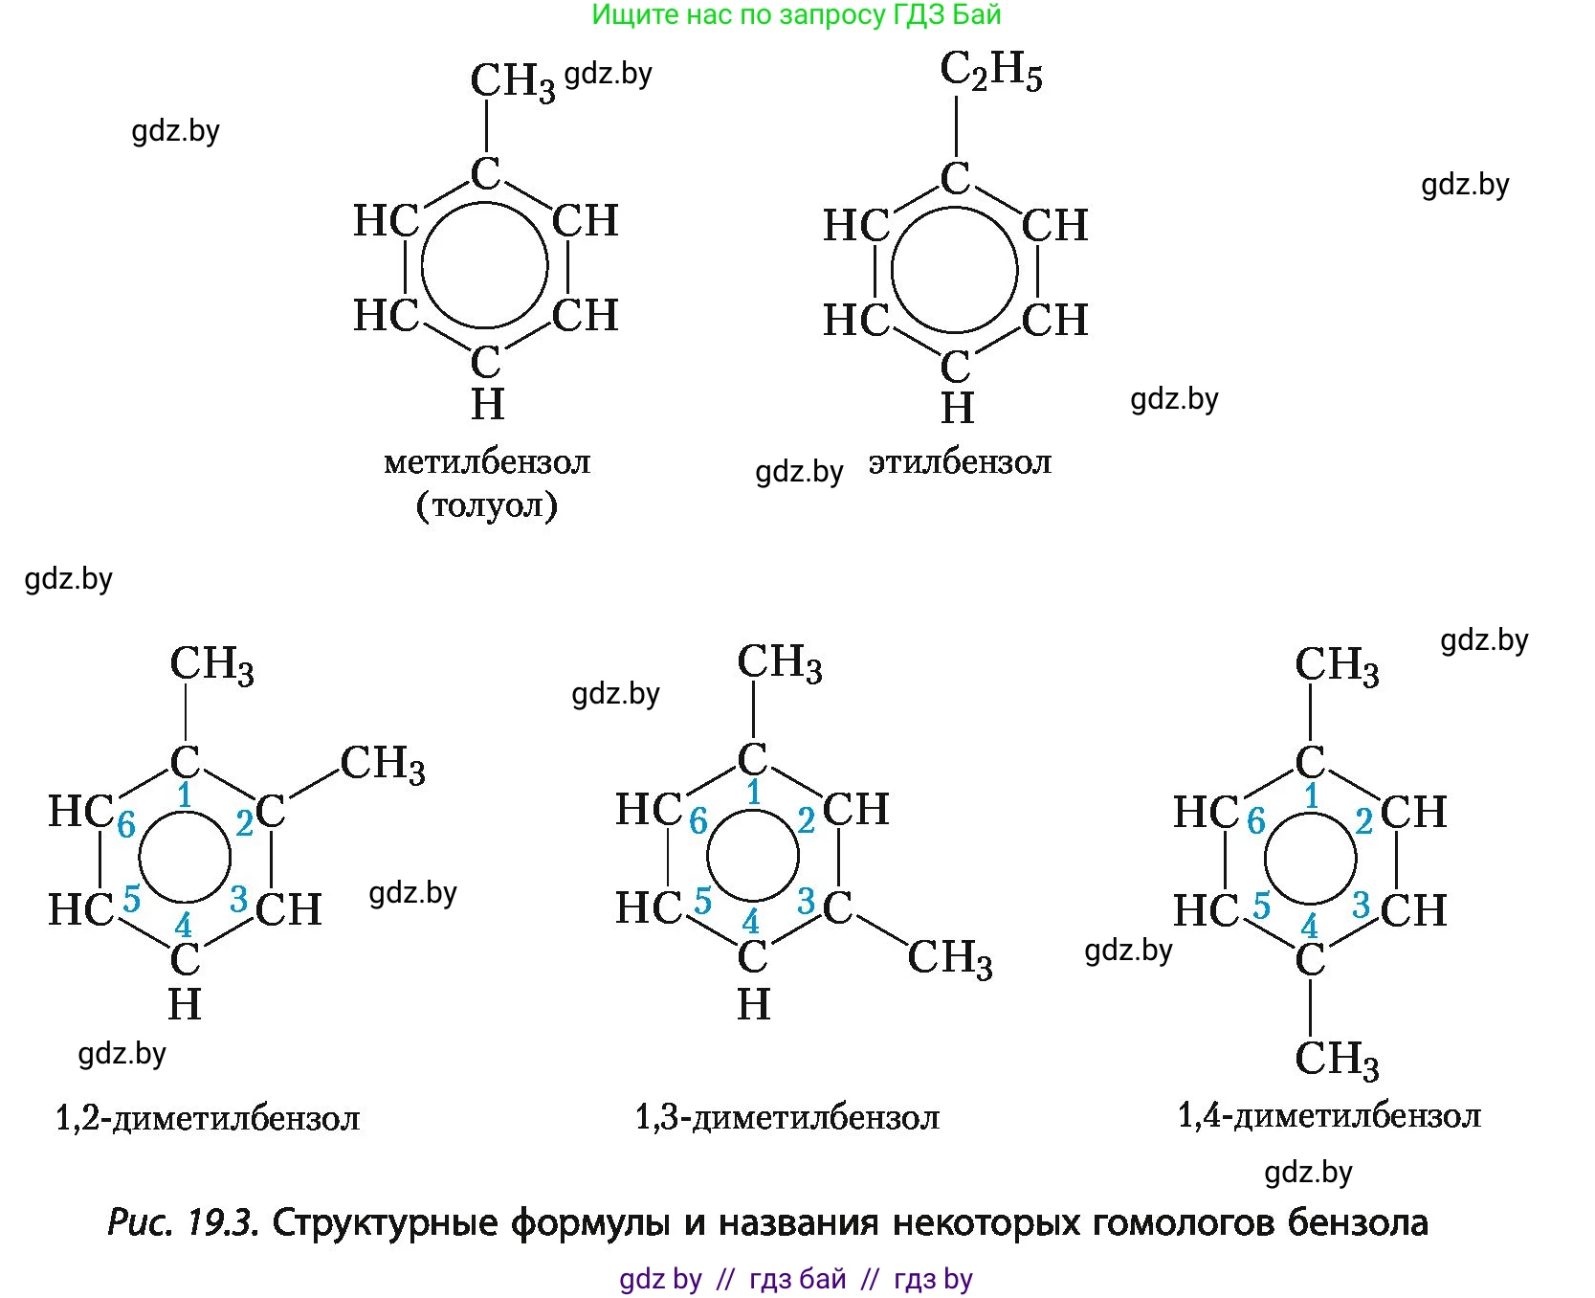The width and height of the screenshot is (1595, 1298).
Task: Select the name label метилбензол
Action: coord(487,462)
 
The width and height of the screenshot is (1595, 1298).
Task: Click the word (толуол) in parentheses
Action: coord(486,504)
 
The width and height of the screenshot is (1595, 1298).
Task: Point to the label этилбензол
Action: coord(960,462)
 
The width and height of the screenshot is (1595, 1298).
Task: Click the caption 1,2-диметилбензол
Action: coord(208,1117)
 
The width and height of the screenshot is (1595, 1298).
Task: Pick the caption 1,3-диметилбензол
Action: coord(787,1117)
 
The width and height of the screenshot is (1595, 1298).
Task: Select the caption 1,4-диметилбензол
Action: coord(1329,1115)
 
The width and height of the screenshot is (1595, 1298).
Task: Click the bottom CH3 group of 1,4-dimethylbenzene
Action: coord(1337,1060)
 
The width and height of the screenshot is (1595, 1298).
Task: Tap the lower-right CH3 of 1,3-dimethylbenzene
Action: coord(949,957)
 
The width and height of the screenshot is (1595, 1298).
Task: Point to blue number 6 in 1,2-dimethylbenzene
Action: coord(126,824)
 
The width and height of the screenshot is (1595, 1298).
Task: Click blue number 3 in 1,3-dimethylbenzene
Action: coord(807,901)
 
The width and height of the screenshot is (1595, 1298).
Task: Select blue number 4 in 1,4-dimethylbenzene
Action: coord(1309,927)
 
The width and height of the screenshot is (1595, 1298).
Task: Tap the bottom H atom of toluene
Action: coord(487,405)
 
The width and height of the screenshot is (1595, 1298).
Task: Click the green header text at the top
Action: coord(796,14)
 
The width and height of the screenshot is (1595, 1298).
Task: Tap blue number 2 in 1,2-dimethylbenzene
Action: coord(245,822)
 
